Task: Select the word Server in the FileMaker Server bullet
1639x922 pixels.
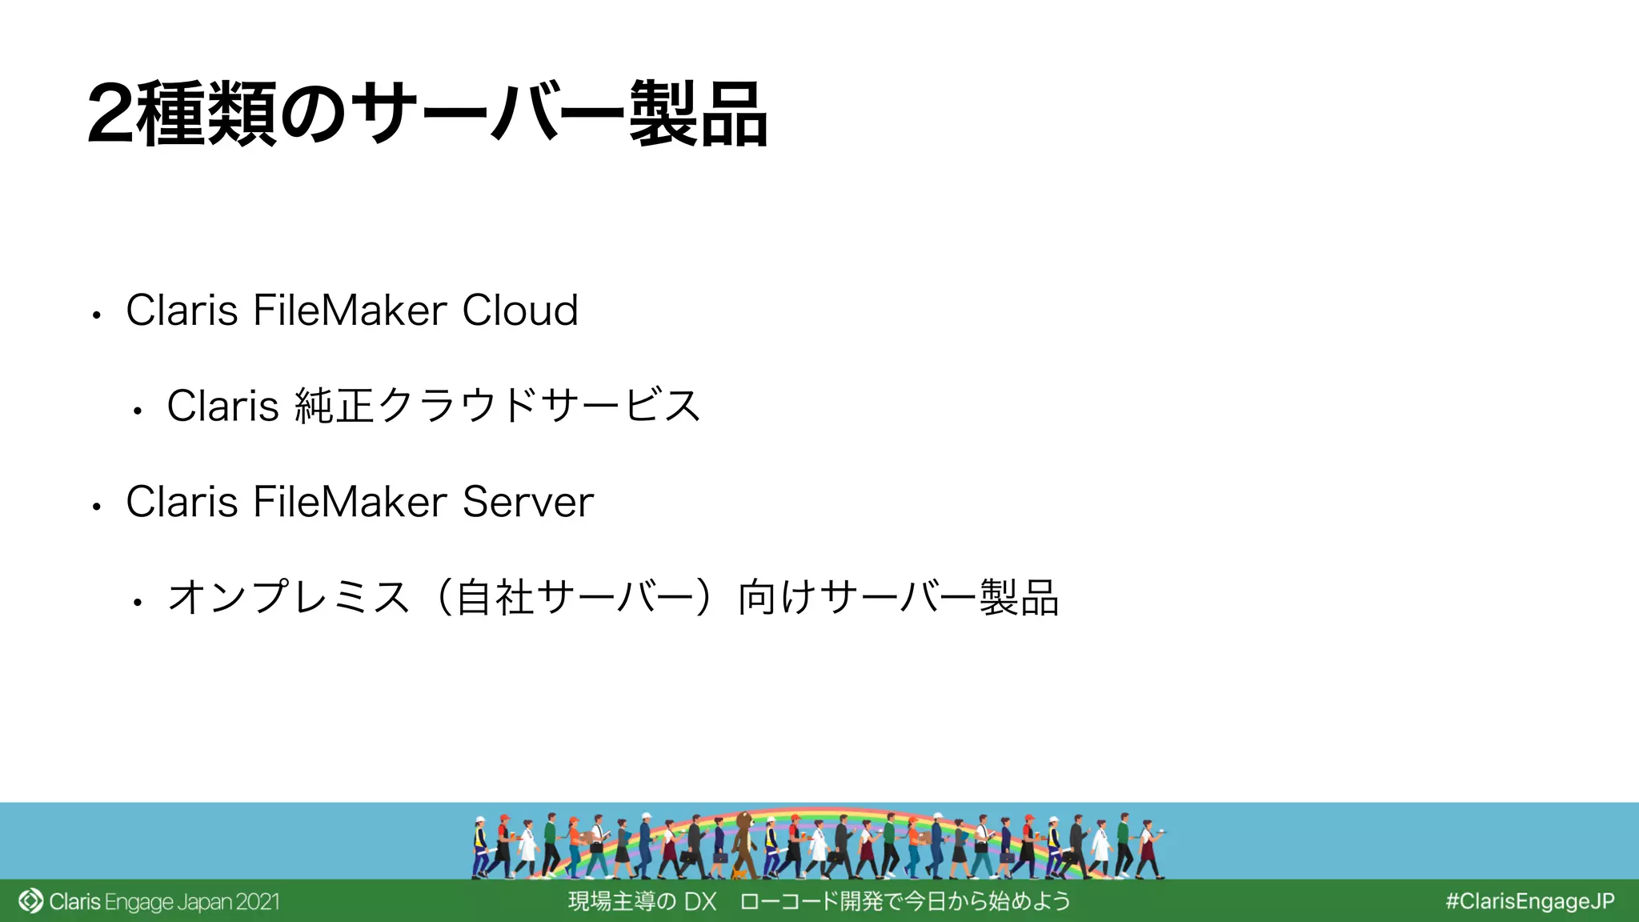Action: pyautogui.click(x=527, y=503)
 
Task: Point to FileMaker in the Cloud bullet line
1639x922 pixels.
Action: pyautogui.click(x=350, y=311)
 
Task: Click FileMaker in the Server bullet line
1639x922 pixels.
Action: pyautogui.click(x=350, y=503)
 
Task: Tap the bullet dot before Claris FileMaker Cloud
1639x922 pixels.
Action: pyautogui.click(x=96, y=315)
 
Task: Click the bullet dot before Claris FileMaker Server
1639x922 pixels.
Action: pyautogui.click(x=96, y=507)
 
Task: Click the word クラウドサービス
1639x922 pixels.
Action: pyautogui.click(x=539, y=406)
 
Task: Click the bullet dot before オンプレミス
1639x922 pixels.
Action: pyautogui.click(x=138, y=603)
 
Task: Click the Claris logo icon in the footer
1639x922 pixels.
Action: pyautogui.click(x=30, y=901)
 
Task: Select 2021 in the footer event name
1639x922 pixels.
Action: pyautogui.click(x=257, y=902)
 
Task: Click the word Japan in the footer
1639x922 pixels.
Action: pyautogui.click(x=204, y=902)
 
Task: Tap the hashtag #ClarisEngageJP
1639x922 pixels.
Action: pyautogui.click(x=1529, y=901)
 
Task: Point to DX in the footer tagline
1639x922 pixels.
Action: pyautogui.click(x=700, y=902)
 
